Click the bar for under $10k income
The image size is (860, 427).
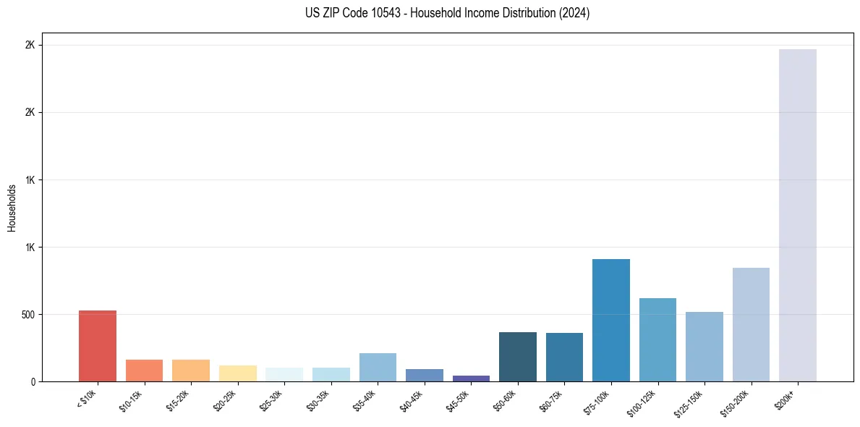[98, 346]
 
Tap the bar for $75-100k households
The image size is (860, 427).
[610, 320]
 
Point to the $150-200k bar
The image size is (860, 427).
[751, 324]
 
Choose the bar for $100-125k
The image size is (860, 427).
[657, 339]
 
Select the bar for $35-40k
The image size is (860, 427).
[378, 367]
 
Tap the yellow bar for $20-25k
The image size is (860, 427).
[237, 373]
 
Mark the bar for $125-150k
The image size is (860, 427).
[704, 347]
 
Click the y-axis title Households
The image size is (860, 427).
[12, 208]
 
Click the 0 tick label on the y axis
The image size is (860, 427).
[33, 381]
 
